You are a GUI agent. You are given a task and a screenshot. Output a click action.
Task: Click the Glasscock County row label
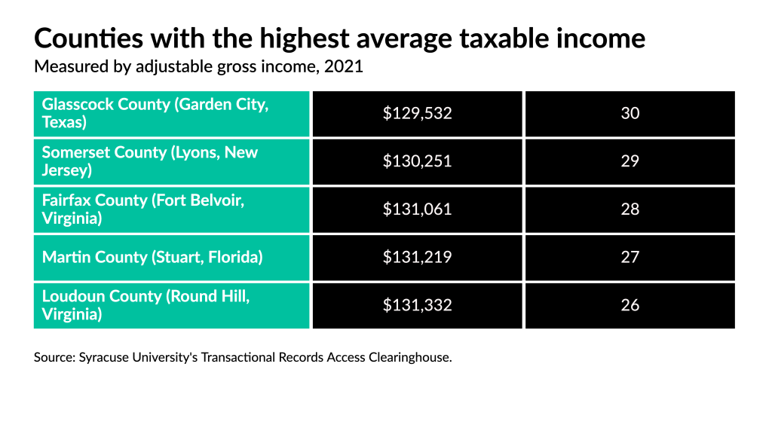(x=155, y=113)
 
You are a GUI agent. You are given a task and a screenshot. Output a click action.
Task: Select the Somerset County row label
(x=149, y=161)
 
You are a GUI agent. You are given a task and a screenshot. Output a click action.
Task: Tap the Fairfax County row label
(x=143, y=209)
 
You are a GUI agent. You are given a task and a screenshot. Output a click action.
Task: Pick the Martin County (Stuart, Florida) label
(x=152, y=257)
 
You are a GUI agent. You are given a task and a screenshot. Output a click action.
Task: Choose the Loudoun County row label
(x=146, y=305)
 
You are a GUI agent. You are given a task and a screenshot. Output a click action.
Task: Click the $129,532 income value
(x=417, y=114)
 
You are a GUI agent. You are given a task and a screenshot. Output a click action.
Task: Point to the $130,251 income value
(x=417, y=161)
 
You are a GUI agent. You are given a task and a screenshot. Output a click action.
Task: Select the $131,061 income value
(x=417, y=209)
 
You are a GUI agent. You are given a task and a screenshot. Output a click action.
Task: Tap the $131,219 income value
(x=417, y=257)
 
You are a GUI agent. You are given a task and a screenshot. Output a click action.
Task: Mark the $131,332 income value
(x=417, y=305)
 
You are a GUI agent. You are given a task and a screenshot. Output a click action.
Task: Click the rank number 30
(x=630, y=114)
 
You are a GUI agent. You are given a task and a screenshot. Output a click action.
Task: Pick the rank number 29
(x=630, y=161)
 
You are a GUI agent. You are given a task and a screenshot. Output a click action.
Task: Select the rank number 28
(x=630, y=209)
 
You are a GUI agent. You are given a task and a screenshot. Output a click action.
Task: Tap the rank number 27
(x=630, y=257)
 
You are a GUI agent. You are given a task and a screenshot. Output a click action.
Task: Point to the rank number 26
(x=630, y=305)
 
